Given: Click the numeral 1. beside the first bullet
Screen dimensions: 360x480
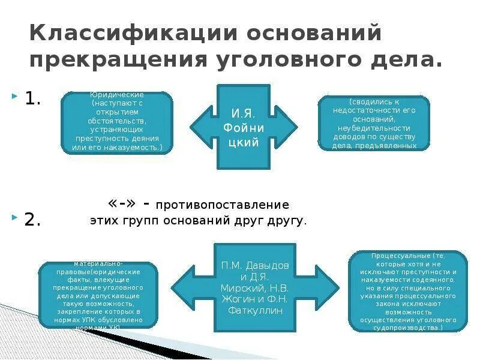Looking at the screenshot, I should pyautogui.click(x=32, y=99).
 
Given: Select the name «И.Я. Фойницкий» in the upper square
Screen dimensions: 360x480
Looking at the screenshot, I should pyautogui.click(x=244, y=127).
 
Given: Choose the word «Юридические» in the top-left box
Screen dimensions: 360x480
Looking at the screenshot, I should pyautogui.click(x=116, y=95).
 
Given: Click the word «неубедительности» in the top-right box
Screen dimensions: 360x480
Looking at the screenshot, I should pyautogui.click(x=374, y=128).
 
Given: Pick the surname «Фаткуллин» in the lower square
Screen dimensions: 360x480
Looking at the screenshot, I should pyautogui.click(x=255, y=310).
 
